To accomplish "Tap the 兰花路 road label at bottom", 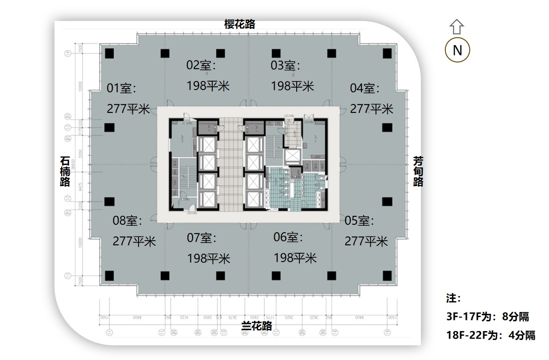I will tap(257, 325).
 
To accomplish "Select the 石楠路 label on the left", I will tap(65, 171).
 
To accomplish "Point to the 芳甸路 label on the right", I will tap(418, 171).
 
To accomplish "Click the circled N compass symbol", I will tap(457, 50).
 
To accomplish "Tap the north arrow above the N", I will tap(457, 27).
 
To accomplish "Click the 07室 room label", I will tap(202, 238).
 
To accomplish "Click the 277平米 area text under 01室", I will tap(128, 109).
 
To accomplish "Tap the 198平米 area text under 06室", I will tap(295, 257).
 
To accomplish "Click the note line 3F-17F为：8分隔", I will tap(487, 317).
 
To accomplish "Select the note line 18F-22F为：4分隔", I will tap(490, 335).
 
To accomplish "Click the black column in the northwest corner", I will tap(109, 53).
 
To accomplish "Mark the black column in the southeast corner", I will tap(387, 276).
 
